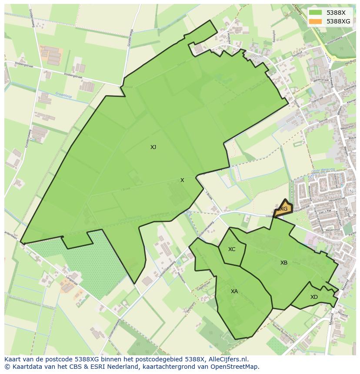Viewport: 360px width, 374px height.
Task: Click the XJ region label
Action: [153, 147]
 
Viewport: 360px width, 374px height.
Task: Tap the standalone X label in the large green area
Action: [182, 180]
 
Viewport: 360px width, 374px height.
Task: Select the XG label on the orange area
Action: [283, 209]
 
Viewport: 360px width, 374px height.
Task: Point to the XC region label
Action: [232, 249]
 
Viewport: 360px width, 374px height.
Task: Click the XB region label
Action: [284, 263]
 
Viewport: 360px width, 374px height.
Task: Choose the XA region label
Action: [234, 291]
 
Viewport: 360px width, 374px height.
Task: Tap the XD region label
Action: [314, 297]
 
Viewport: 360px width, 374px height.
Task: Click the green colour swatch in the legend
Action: [316, 13]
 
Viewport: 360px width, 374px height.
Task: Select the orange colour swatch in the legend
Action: [316, 21]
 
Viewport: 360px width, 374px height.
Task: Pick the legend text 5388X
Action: [336, 13]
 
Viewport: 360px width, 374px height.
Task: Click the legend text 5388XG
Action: [338, 21]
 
